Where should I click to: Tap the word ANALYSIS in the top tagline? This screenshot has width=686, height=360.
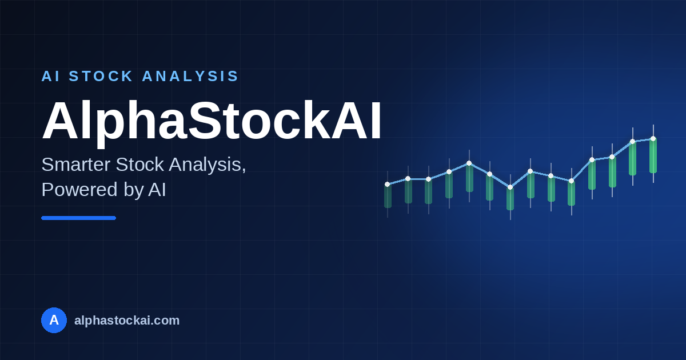click(190, 76)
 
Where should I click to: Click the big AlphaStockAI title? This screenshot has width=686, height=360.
click(212, 121)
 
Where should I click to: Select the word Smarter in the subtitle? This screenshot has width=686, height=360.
click(76, 165)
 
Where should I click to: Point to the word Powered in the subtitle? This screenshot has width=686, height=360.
click(79, 190)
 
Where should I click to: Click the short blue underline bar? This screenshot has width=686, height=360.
click(79, 218)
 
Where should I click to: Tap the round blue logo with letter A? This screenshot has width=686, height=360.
click(54, 320)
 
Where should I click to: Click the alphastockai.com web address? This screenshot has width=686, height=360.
click(127, 321)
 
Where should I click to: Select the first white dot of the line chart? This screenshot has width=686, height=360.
click(388, 184)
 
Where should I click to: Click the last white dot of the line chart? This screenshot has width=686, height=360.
click(653, 139)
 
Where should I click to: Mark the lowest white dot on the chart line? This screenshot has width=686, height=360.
click(510, 187)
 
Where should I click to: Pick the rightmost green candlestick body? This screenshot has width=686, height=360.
click(653, 156)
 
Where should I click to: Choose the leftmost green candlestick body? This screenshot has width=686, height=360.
click(388, 196)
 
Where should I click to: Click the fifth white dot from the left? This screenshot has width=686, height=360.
click(469, 163)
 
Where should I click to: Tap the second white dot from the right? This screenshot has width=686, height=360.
click(633, 142)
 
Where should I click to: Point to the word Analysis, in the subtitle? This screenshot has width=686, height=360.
click(208, 165)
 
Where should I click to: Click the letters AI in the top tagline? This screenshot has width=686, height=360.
click(50, 76)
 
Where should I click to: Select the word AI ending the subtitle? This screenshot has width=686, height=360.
click(157, 190)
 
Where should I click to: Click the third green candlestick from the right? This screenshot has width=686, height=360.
click(612, 172)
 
